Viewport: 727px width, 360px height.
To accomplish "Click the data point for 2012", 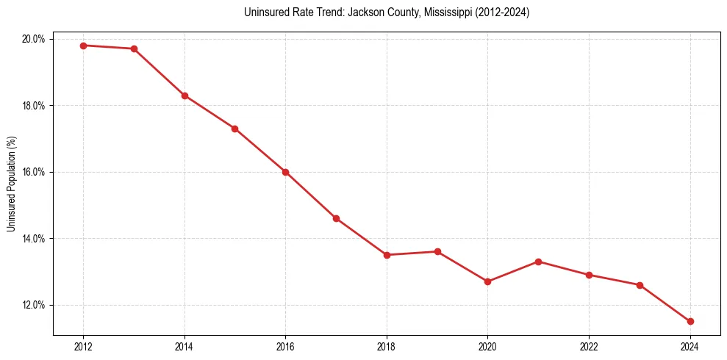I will tap(83, 46).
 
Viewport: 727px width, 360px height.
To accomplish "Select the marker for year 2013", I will tap(134, 49).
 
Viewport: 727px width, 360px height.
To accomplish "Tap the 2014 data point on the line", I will tap(185, 96).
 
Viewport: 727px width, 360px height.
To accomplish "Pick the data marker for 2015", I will tap(234, 129).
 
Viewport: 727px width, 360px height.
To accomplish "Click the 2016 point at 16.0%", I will tap(285, 172).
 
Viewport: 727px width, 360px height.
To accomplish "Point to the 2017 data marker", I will tap(336, 218).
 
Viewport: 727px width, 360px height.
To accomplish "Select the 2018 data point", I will tap(387, 255).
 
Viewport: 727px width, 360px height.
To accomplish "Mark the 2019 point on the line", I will tap(437, 251).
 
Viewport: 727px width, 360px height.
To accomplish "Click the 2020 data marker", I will tap(488, 281).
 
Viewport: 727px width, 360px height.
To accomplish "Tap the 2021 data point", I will tap(539, 262).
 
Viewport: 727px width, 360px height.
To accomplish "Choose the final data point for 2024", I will tap(690, 321).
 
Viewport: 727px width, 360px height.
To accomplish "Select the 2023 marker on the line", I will tap(640, 285).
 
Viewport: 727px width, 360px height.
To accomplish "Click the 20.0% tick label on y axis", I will tap(35, 39).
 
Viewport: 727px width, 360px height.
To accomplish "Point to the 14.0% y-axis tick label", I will tap(35, 239).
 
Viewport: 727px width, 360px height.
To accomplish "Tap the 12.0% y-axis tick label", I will tap(35, 305).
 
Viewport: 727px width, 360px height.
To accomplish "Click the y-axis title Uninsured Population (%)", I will tap(11, 184).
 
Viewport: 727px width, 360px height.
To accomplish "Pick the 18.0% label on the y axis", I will tap(35, 106).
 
